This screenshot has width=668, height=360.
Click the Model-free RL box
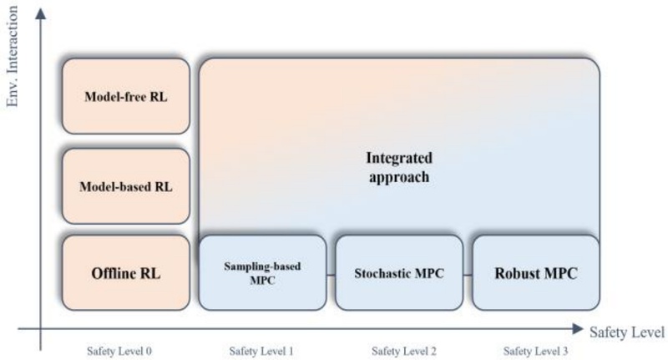126,96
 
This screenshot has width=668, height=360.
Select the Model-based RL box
126,186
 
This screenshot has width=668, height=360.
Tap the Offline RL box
126,272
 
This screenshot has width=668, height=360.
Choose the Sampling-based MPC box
261,272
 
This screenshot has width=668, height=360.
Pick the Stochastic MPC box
398,272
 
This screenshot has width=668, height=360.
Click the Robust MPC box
536,272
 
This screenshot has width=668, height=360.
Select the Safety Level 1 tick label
262,351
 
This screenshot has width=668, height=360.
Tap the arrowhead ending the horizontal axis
578,330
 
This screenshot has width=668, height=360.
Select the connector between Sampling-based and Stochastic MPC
330,274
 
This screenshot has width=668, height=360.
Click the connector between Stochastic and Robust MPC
468,274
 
